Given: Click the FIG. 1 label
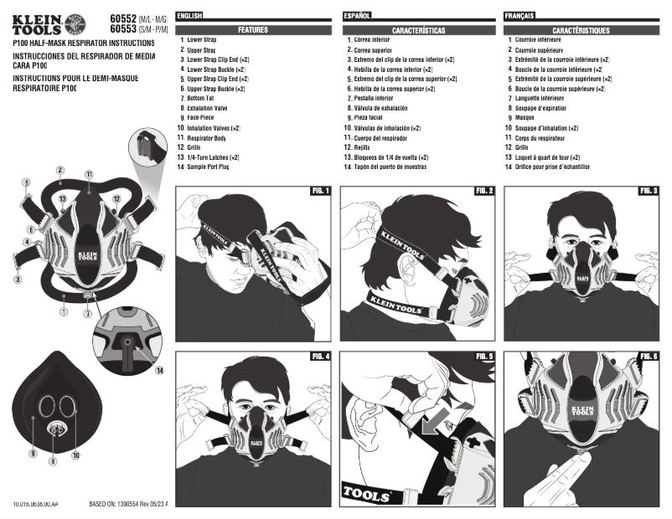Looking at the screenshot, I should tap(321, 191).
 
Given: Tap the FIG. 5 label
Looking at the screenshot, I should tap(484, 356).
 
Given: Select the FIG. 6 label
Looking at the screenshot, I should tap(649, 356).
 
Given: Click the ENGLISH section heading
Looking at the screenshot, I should tap(190, 16).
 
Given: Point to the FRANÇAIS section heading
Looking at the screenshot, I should tap(520, 16).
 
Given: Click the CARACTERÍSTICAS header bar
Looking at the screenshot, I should tap(418, 29).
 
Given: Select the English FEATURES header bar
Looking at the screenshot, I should tap(253, 29).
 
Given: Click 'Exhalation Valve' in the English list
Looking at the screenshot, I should tap(207, 108).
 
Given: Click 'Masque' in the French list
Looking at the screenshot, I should tap(525, 118).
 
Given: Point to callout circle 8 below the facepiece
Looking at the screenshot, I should tap(53, 460).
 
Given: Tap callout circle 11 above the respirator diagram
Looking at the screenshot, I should tap(88, 174).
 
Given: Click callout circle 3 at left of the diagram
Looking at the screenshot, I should tap(18, 279).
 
